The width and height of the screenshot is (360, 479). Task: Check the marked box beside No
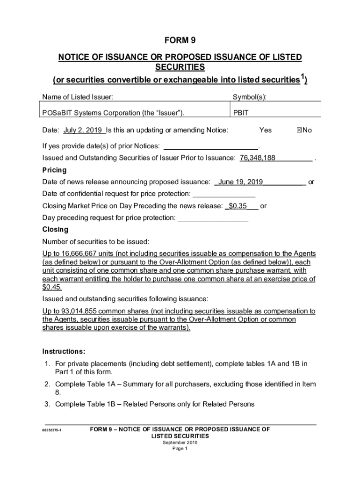click(x=299, y=130)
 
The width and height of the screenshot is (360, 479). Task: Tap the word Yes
click(x=265, y=130)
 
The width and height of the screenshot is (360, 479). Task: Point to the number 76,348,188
click(x=258, y=158)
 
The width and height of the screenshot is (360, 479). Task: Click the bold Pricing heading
click(x=54, y=170)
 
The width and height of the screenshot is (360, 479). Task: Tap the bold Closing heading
click(x=55, y=230)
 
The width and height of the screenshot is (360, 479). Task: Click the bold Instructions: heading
click(x=64, y=351)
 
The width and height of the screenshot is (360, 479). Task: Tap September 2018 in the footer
click(x=180, y=442)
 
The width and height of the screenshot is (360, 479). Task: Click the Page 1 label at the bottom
click(x=180, y=449)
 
